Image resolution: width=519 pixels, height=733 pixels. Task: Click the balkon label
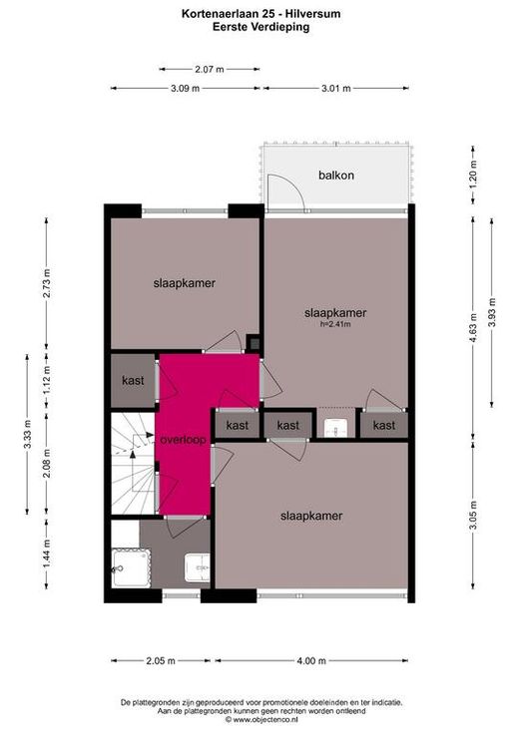click(x=336, y=176)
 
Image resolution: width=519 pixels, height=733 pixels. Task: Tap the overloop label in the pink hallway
click(x=183, y=440)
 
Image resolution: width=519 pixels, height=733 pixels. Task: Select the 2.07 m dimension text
click(x=210, y=69)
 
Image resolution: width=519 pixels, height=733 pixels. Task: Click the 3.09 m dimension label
click(x=186, y=88)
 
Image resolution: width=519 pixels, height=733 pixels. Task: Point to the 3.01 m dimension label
click(x=336, y=88)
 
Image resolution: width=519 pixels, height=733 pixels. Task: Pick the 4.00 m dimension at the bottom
click(x=311, y=661)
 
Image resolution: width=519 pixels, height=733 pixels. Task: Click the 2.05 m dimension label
click(x=161, y=661)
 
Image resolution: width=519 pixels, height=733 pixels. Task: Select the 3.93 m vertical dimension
click(x=491, y=313)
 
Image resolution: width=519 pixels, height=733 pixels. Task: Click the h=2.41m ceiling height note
click(x=335, y=324)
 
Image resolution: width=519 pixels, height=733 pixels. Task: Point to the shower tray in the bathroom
click(x=131, y=567)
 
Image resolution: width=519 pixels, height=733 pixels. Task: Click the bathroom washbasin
click(x=197, y=567)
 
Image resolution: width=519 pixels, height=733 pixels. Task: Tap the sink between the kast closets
click(x=335, y=427)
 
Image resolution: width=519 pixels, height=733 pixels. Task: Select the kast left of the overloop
click(x=133, y=381)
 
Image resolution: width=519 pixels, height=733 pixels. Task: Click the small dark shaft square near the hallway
click(x=255, y=344)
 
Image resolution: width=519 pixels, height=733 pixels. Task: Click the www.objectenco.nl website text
click(x=264, y=719)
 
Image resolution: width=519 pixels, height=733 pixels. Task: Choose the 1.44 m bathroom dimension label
click(x=46, y=553)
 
